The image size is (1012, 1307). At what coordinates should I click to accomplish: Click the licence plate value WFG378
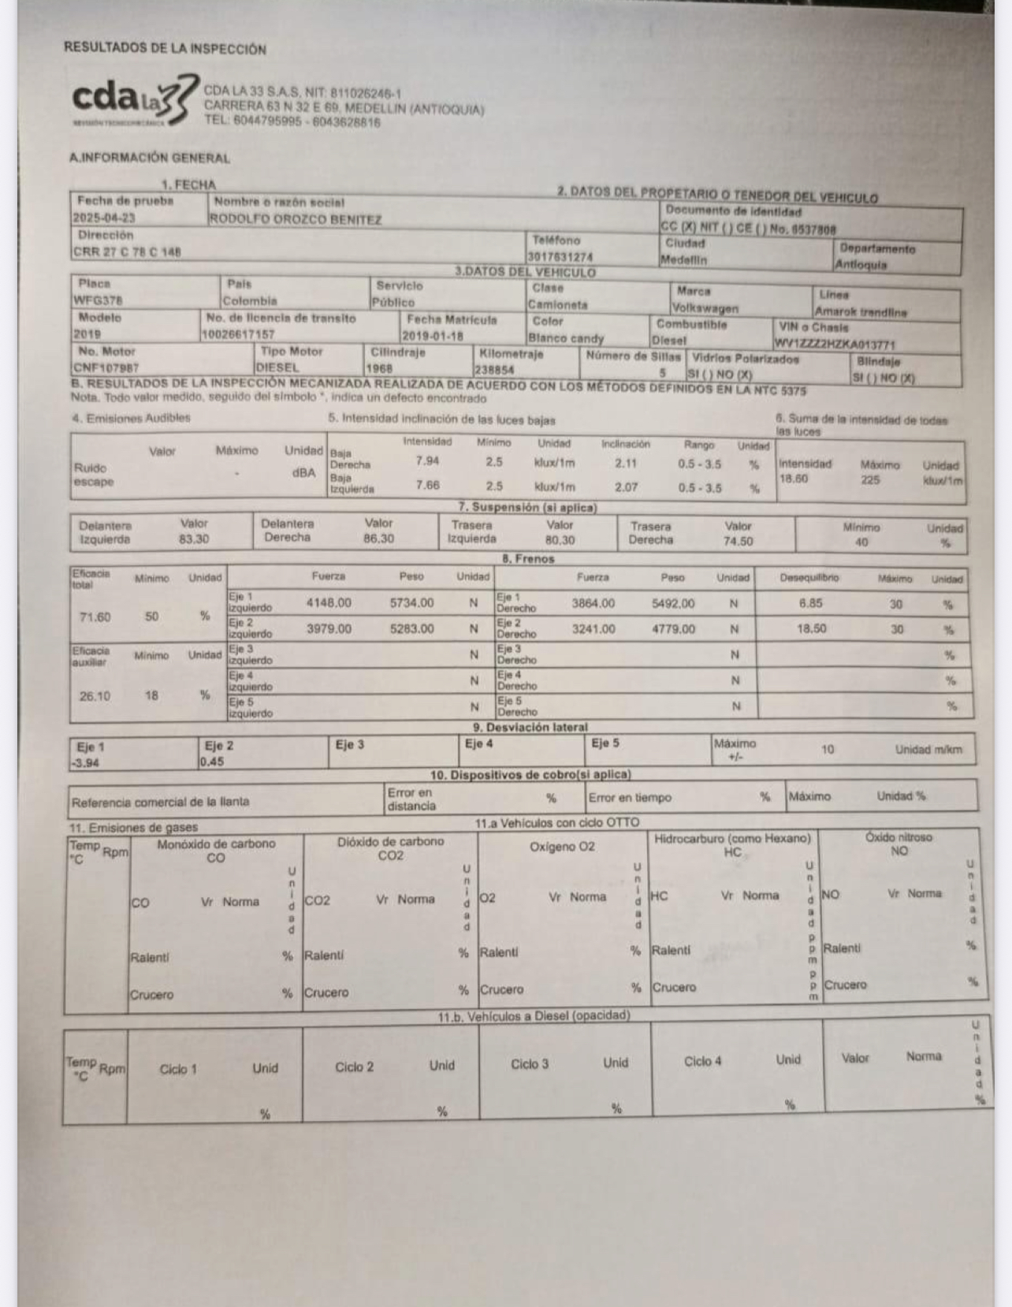coord(98,300)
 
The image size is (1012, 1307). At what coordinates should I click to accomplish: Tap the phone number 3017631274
coord(560,257)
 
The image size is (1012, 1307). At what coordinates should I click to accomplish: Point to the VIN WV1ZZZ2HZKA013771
coord(834,344)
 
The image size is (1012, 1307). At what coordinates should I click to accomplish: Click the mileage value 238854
coord(494,369)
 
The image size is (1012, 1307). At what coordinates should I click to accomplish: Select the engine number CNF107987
coord(106,367)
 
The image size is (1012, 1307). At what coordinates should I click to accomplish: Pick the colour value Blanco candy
coord(565,338)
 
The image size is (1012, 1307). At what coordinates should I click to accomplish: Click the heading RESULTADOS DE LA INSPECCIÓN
coord(165,49)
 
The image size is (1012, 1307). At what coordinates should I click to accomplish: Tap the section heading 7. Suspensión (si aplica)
coord(527,507)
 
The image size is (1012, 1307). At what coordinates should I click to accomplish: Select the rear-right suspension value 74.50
coord(739,542)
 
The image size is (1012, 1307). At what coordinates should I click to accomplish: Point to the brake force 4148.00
coord(329,603)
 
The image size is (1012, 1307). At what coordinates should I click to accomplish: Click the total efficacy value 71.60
coord(95,616)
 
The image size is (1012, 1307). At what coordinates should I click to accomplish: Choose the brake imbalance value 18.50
coord(811,629)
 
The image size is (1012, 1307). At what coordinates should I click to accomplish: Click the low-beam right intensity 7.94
coord(427,461)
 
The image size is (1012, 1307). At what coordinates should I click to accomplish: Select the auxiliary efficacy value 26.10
coord(95,696)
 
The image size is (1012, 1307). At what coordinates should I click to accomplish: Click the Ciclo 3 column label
coord(529,1064)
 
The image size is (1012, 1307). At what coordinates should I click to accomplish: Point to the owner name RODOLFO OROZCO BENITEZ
coord(295,220)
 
